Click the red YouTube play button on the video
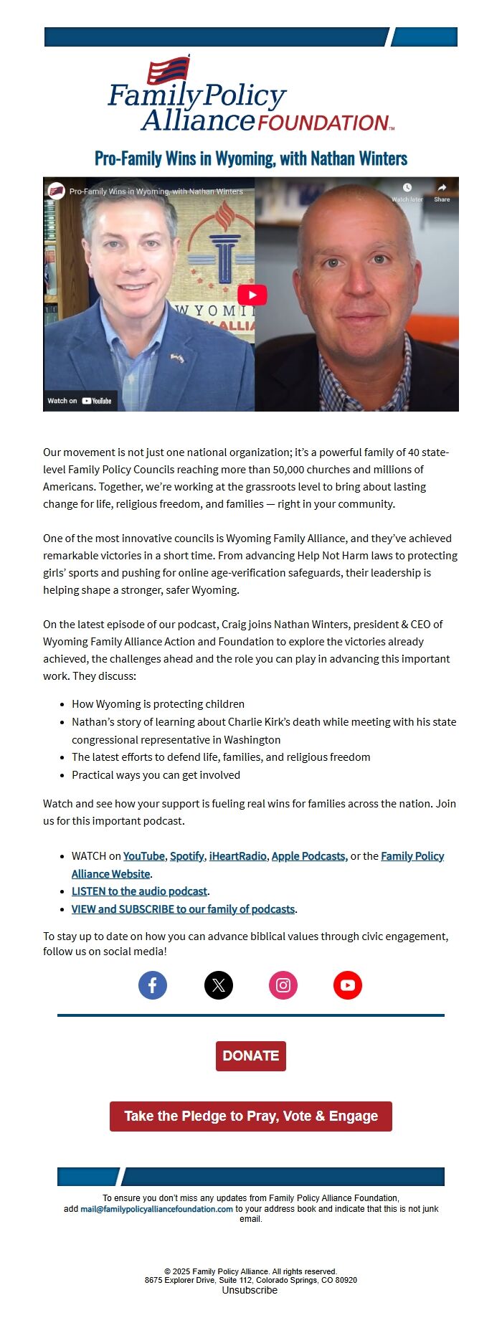[252, 295]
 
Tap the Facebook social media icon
[153, 985]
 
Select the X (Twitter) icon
[219, 985]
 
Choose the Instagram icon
[283, 985]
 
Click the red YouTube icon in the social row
[348, 985]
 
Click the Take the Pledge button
[251, 1116]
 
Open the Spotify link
[186, 856]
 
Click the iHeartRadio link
[237, 856]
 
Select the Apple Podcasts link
[309, 856]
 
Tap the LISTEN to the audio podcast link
[139, 891]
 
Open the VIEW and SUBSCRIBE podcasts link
[183, 909]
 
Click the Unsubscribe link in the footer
[250, 1290]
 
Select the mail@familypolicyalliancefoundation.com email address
[156, 1209]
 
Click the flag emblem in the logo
[169, 70]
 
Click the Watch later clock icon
[407, 189]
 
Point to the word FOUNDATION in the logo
[323, 123]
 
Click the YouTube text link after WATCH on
[143, 856]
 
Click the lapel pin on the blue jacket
[176, 358]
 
